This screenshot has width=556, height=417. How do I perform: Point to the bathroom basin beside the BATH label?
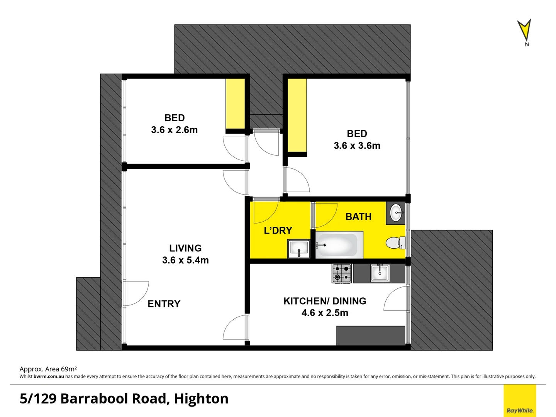[x=396, y=213]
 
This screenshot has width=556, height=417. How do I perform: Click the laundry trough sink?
[x=298, y=248]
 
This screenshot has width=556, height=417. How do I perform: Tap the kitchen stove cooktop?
[x=342, y=273]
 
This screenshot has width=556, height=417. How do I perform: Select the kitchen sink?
[x=380, y=273]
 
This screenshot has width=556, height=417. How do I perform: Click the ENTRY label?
[x=164, y=304]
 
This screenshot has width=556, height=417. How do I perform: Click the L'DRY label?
[x=278, y=231]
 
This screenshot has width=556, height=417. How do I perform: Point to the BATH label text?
[x=358, y=217]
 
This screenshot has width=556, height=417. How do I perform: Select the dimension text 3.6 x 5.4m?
[x=185, y=260]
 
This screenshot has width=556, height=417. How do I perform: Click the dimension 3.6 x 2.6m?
[x=174, y=130]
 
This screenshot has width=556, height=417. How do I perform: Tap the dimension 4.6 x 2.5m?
[x=325, y=313]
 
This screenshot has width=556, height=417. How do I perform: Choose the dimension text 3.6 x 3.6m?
[x=357, y=146]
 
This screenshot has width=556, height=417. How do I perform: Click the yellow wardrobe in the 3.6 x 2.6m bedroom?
[x=235, y=103]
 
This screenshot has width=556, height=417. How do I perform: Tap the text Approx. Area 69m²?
[x=48, y=369]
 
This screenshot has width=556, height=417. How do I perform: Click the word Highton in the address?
[x=201, y=398]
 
